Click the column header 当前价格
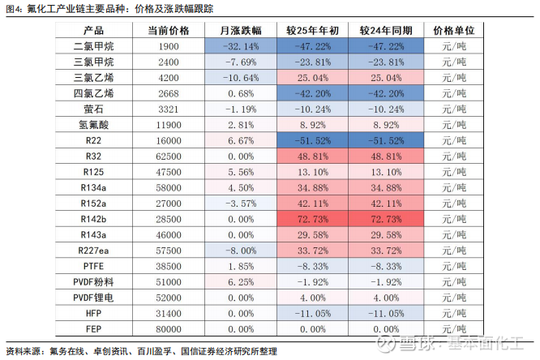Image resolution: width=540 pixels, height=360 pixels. tap(168, 31)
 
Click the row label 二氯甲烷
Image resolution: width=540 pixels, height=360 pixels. tap(93, 46)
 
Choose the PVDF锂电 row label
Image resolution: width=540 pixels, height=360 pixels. tap(93, 298)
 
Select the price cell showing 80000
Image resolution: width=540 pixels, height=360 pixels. tap(168, 329)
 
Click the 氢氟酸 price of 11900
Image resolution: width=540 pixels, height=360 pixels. tap(168, 125)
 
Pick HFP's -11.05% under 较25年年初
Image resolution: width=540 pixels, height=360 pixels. tap(312, 313)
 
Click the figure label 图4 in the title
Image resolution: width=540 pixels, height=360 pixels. tap(14, 8)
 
